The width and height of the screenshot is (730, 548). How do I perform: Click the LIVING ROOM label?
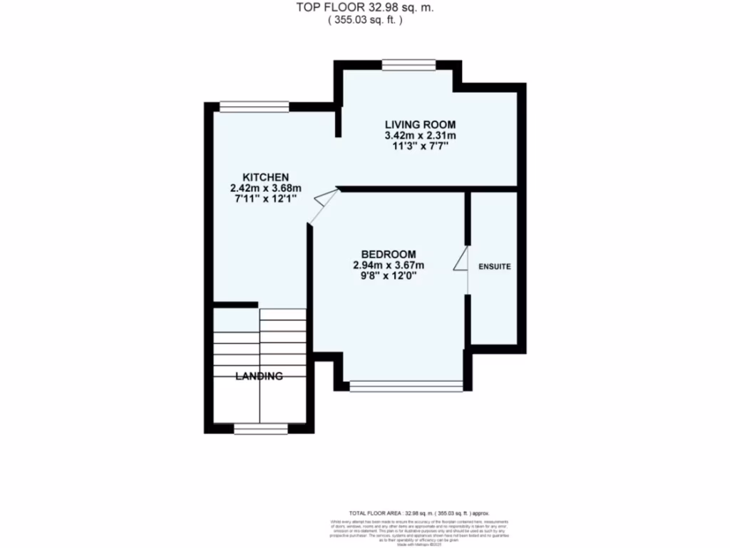[420, 125]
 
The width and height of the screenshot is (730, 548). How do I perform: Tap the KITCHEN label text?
[265, 177]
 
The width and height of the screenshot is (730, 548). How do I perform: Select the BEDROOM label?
[388, 254]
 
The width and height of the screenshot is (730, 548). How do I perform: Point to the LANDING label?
[259, 376]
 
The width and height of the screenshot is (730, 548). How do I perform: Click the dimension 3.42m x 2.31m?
[420, 136]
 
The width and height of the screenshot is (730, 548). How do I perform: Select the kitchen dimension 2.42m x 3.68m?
[265, 188]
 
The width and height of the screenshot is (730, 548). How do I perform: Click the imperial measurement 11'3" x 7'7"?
[420, 146]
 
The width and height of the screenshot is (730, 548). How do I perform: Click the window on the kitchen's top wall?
[254, 107]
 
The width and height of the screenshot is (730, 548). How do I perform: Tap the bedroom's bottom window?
[406, 386]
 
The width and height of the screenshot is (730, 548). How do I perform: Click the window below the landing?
[260, 429]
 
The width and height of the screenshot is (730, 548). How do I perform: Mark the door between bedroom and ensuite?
[462, 260]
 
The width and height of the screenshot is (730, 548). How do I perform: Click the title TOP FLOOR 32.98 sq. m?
[365, 8]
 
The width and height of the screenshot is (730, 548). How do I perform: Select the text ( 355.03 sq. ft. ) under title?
[365, 21]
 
